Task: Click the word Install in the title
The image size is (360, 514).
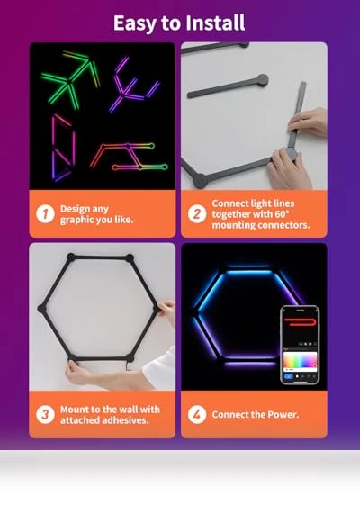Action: click(215, 23)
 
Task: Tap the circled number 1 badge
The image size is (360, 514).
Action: click(45, 214)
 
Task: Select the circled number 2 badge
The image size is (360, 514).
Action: click(197, 214)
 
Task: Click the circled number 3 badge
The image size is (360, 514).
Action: click(45, 415)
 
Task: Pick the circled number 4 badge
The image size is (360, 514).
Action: click(197, 415)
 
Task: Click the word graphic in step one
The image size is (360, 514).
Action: click(76, 220)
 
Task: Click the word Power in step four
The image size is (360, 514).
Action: click(283, 415)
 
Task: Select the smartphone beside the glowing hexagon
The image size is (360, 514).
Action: click(300, 345)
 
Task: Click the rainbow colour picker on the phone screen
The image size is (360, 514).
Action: click(300, 361)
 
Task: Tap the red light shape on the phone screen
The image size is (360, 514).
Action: click(301, 321)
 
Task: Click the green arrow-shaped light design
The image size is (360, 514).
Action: click(70, 80)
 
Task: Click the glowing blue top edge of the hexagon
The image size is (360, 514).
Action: click(249, 272)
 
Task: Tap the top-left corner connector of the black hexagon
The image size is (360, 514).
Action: click(71, 257)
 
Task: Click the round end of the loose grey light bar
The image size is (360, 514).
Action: click(263, 79)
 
